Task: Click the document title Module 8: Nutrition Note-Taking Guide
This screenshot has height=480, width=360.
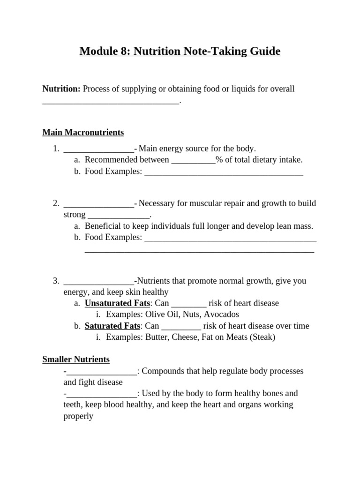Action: click(x=180, y=51)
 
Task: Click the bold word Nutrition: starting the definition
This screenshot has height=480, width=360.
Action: click(x=61, y=89)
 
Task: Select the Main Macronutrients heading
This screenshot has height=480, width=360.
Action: click(x=83, y=133)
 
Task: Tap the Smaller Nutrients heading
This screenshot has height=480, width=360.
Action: click(x=76, y=360)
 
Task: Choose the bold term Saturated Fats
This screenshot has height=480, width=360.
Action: click(x=112, y=326)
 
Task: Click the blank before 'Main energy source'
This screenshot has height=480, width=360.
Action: click(x=98, y=150)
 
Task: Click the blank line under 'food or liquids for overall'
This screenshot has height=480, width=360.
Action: click(x=111, y=101)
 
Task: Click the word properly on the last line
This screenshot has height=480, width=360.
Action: click(x=78, y=416)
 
